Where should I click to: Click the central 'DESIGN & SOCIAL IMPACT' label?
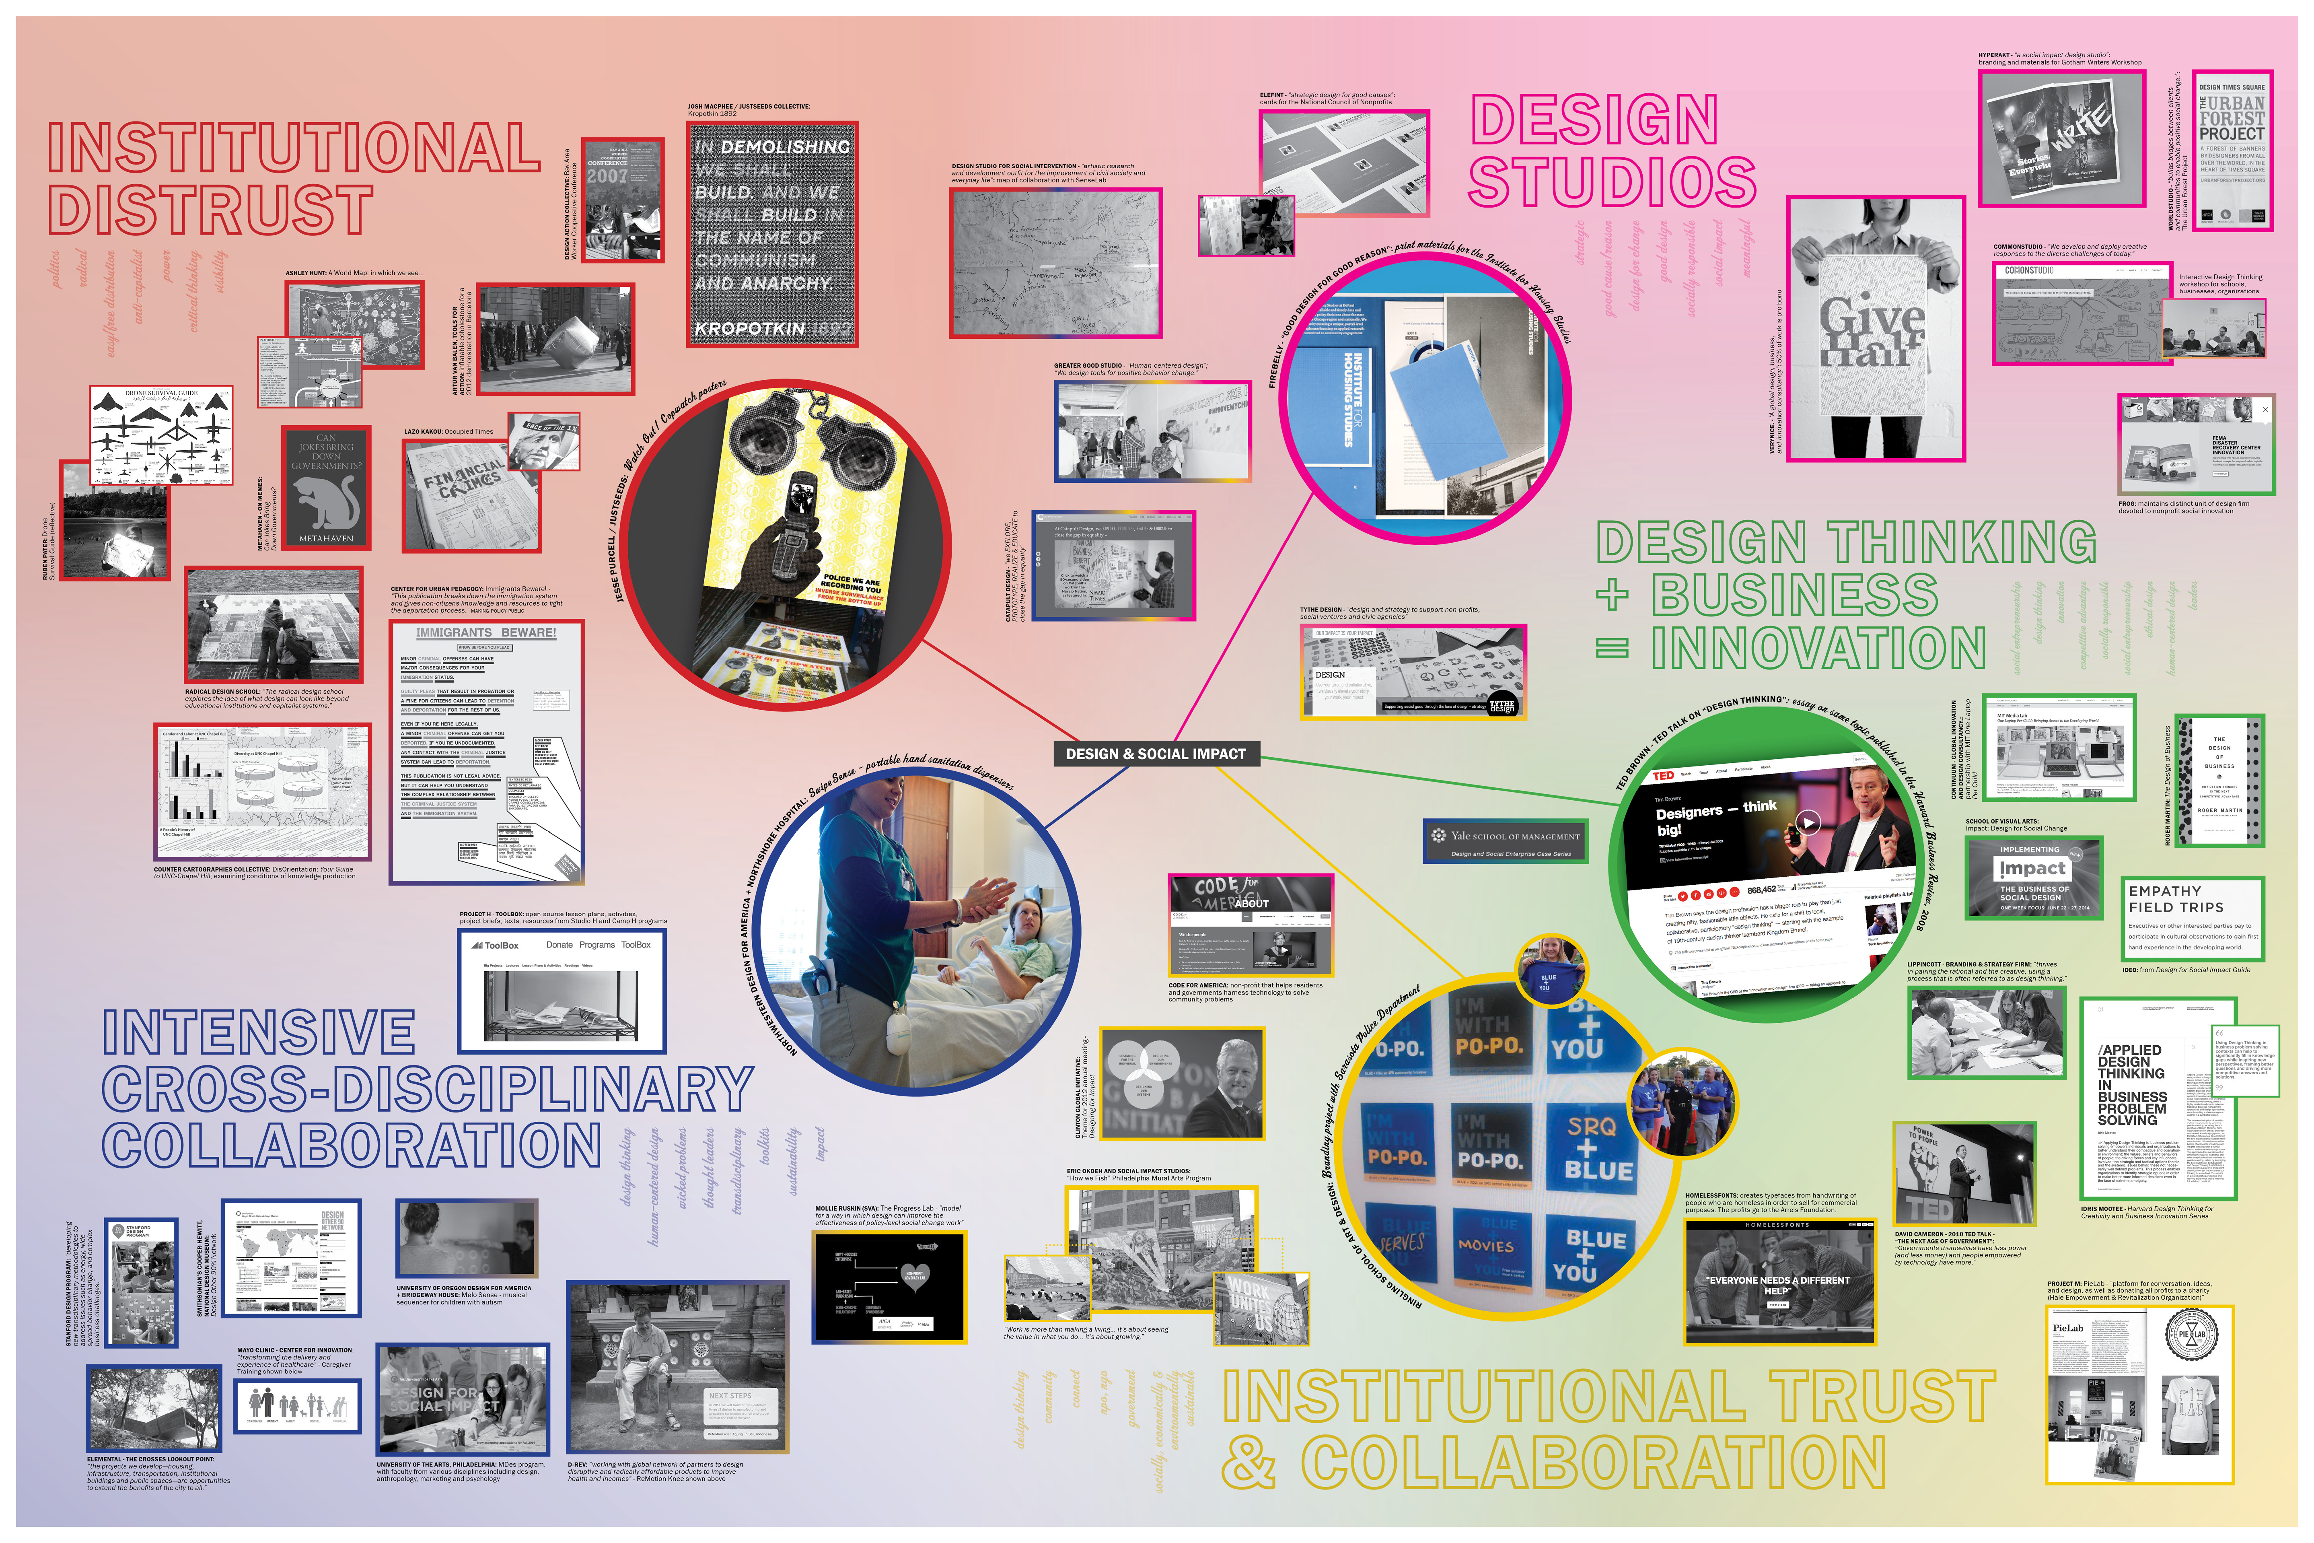1155,754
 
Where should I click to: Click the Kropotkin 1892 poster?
772,234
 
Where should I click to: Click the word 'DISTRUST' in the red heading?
210,210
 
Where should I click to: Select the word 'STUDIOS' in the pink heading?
1612,183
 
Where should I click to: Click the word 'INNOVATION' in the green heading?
1818,649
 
